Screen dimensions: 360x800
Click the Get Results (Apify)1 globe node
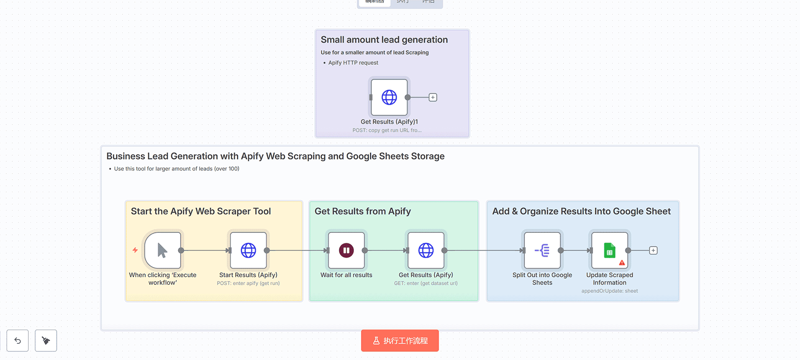pyautogui.click(x=389, y=97)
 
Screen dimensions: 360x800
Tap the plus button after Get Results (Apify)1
pyautogui.click(x=433, y=98)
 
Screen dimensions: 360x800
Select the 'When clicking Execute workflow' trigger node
pyautogui.click(x=162, y=250)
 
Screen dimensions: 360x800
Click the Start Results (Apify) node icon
pyautogui.click(x=248, y=250)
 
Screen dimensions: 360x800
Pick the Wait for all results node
pyautogui.click(x=346, y=250)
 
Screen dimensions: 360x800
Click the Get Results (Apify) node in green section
pyautogui.click(x=426, y=250)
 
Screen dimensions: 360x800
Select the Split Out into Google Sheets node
pyautogui.click(x=542, y=250)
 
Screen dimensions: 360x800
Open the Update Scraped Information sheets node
pyautogui.click(x=610, y=250)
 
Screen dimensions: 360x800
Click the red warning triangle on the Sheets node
pyautogui.click(x=622, y=263)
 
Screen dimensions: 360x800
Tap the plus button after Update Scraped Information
pyautogui.click(x=653, y=250)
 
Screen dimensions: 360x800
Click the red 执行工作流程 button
pyautogui.click(x=400, y=340)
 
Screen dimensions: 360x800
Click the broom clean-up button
pyautogui.click(x=46, y=340)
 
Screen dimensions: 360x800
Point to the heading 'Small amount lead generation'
pyautogui.click(x=384, y=40)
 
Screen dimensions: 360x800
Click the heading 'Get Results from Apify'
pyautogui.click(x=362, y=211)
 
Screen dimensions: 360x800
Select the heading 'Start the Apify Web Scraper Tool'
pyautogui.click(x=200, y=211)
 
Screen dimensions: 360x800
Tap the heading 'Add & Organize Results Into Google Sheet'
pyautogui.click(x=581, y=211)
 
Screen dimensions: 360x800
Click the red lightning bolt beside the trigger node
pyautogui.click(x=135, y=250)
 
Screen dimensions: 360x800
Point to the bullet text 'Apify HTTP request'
pyautogui.click(x=353, y=63)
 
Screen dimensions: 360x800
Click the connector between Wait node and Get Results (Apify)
pyautogui.click(x=385, y=250)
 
